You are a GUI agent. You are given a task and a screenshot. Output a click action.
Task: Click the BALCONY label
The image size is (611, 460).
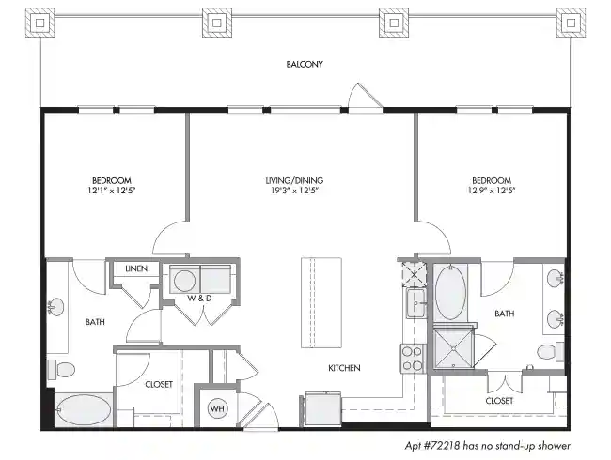pyautogui.click(x=305, y=65)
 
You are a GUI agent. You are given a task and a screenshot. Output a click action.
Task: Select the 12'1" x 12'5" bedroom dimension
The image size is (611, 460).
pyautogui.click(x=111, y=191)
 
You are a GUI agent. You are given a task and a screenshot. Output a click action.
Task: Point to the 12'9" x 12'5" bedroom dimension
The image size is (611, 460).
pyautogui.click(x=491, y=191)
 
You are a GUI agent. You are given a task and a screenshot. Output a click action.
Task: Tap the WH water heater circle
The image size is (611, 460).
pyautogui.click(x=216, y=408)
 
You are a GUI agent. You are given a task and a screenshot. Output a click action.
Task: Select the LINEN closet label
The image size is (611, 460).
pyautogui.click(x=136, y=269)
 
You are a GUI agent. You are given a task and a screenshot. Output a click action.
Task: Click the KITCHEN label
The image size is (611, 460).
pyautogui.click(x=344, y=368)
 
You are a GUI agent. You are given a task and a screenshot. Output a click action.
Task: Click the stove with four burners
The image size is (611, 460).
pyautogui.click(x=414, y=358)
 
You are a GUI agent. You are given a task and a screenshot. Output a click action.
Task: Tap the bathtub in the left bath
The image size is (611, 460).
pyautogui.click(x=83, y=409)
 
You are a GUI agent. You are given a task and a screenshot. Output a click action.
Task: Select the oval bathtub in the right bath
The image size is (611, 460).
pyautogui.click(x=450, y=292)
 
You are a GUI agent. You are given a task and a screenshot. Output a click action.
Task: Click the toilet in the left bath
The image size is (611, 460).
pyautogui.click(x=63, y=370)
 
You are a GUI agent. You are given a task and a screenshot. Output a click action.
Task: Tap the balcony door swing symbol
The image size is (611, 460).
pyautogui.click(x=362, y=98)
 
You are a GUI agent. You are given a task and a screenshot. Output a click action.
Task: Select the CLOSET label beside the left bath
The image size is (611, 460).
pyautogui.click(x=158, y=384)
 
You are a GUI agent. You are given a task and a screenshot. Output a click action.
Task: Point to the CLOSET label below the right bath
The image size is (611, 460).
pyautogui.click(x=499, y=401)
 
